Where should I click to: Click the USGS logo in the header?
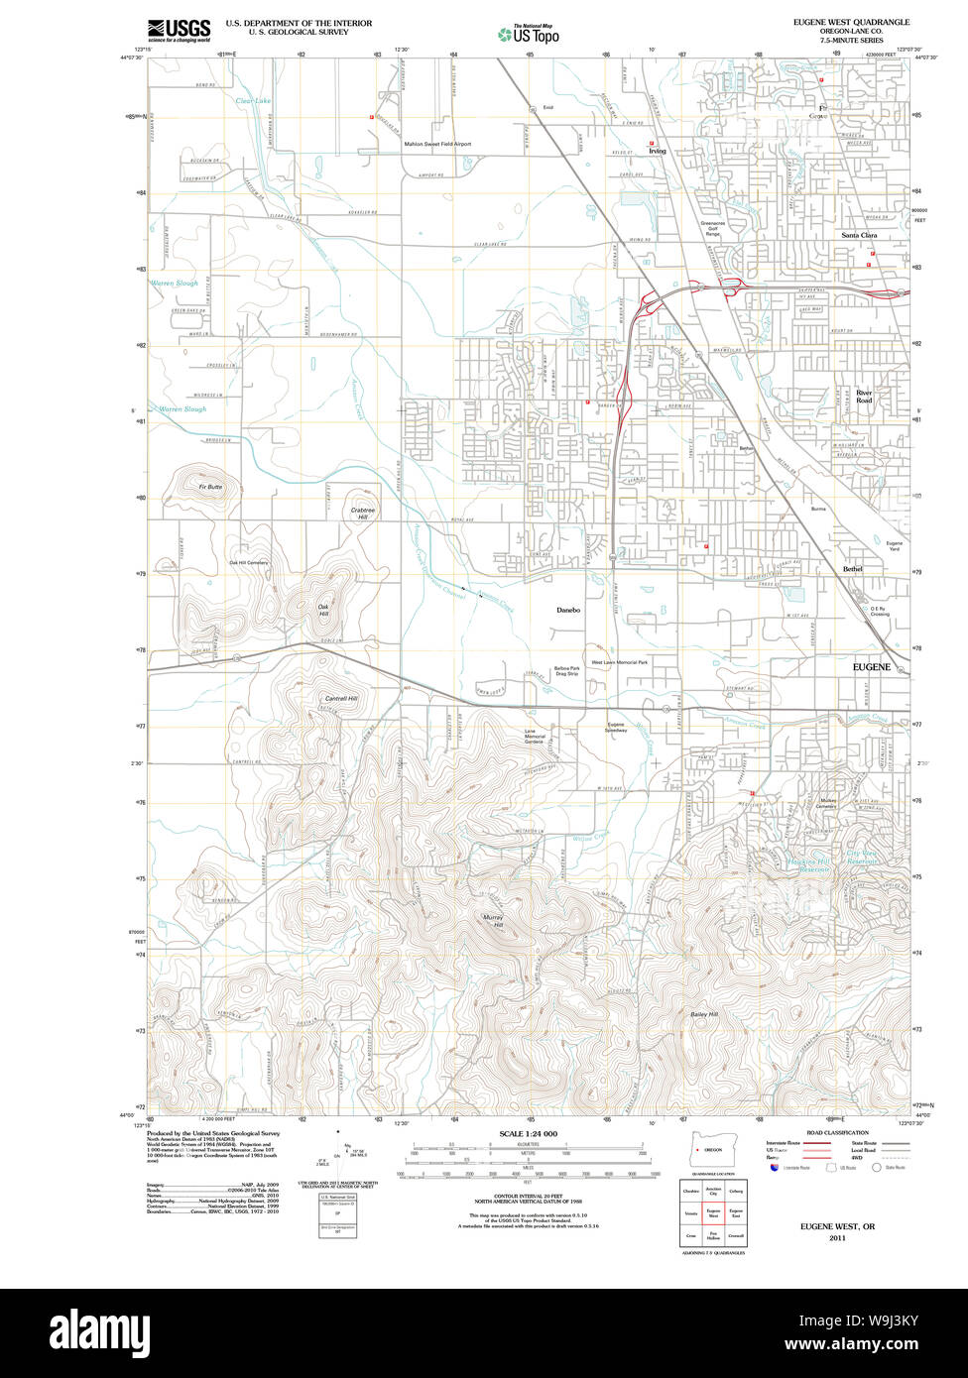coord(179,31)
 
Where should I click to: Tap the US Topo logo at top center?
coord(528,34)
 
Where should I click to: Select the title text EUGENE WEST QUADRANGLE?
coord(850,22)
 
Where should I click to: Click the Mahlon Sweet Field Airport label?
coord(437,144)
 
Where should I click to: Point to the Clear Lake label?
coord(253,101)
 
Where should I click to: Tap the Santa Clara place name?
coord(859,235)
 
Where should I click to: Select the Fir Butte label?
coord(210,487)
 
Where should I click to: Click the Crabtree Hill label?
coord(362,514)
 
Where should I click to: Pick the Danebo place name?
coord(567,610)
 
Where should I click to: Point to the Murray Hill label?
coord(493,921)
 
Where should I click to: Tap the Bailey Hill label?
coord(704,1014)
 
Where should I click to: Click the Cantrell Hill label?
coord(340,699)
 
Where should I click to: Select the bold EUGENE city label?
coord(872,668)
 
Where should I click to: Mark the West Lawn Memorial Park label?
coord(620,662)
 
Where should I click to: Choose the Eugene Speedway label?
coord(616,727)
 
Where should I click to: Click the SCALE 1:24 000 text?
coord(528,1133)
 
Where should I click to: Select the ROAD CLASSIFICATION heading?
coord(837,1132)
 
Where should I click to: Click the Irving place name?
coord(657,152)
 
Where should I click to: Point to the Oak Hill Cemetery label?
coord(249,563)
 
